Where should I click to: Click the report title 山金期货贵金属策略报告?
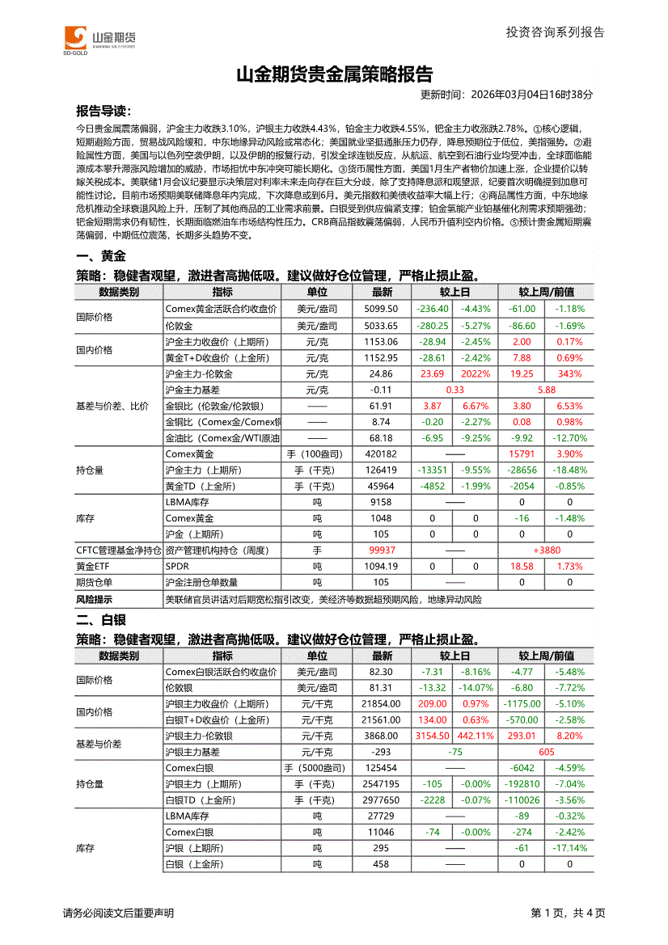pos(334,75)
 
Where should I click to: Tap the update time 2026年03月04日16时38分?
pos(507,95)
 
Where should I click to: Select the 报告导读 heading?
pos(104,111)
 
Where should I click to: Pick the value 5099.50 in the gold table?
pos(382,309)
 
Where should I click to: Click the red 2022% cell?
pos(476,374)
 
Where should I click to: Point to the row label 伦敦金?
pos(179,326)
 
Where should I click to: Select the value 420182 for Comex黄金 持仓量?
pos(382,454)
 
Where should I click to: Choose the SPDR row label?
pos(176,567)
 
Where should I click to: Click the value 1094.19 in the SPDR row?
pos(382,567)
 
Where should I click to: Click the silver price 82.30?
pos(381,672)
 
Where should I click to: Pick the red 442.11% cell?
pos(476,736)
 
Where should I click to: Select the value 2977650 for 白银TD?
pos(382,800)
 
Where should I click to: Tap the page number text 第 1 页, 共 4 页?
pos(568,913)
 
